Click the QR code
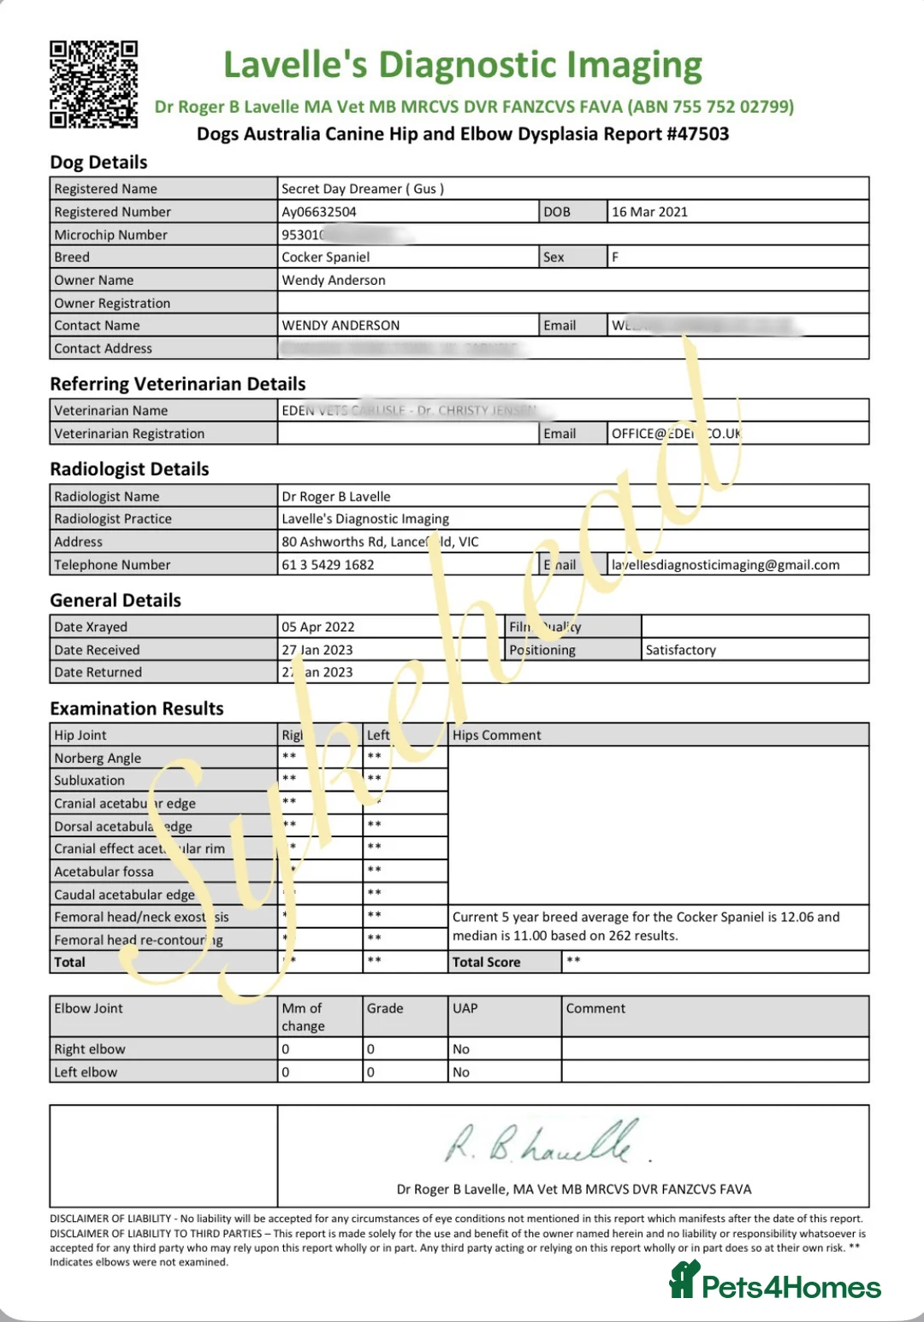(x=93, y=85)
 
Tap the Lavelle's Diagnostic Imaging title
(x=463, y=65)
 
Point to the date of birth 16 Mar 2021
(x=649, y=212)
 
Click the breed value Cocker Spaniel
(x=326, y=257)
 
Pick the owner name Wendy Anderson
(x=334, y=280)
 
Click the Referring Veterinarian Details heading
(x=178, y=384)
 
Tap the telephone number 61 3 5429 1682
(x=328, y=565)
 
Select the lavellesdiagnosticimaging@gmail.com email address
(x=726, y=565)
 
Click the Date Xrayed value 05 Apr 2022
(x=317, y=627)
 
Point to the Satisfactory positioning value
(x=681, y=650)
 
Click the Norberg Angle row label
(x=98, y=758)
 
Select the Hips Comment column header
(x=497, y=735)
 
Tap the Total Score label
(x=486, y=962)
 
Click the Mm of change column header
(x=303, y=1017)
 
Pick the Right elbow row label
(x=90, y=1049)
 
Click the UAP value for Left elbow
(x=461, y=1072)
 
